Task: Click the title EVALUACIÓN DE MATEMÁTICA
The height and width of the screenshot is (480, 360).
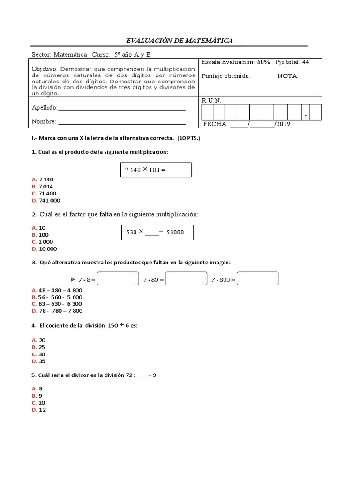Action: point(180,41)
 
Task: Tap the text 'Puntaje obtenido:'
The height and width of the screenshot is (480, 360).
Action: point(226,76)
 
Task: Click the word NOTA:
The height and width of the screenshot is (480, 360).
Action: point(288,76)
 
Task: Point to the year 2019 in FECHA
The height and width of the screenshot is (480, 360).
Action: point(283,124)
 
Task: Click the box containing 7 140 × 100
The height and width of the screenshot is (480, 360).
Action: point(156,171)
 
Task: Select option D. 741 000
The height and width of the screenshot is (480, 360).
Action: point(46,200)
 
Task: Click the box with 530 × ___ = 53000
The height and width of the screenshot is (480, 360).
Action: point(157,232)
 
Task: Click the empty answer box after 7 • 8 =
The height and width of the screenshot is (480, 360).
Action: point(118,279)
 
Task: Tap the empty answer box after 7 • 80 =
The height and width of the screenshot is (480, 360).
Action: point(186,279)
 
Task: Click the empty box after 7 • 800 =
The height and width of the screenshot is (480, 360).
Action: point(258,279)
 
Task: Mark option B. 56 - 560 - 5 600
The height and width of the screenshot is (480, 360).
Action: point(57,297)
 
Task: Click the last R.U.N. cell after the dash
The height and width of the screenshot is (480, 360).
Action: point(315,112)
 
